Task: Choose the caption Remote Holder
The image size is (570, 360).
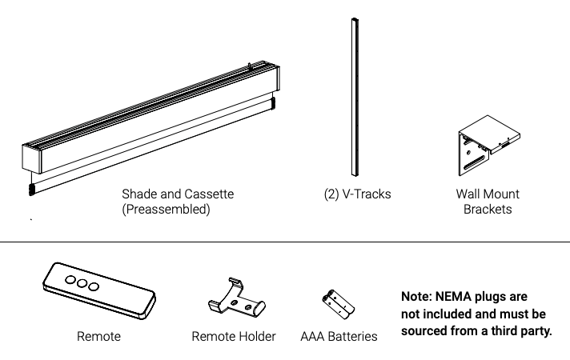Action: pos(234,337)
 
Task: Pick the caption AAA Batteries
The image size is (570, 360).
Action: pos(337,337)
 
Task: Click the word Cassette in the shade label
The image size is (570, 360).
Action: pos(211,194)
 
